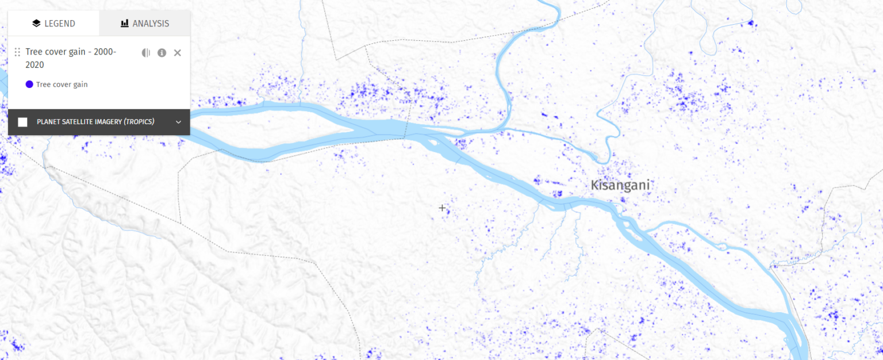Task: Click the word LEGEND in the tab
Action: click(60, 24)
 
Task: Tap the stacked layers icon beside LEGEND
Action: click(36, 24)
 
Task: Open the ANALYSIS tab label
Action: click(151, 24)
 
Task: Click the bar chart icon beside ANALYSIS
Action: click(124, 24)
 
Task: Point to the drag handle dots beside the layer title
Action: click(17, 52)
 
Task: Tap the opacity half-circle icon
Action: click(146, 53)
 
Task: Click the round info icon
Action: click(162, 53)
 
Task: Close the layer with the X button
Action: click(177, 53)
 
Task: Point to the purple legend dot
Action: click(29, 85)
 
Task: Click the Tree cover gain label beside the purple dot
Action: click(62, 85)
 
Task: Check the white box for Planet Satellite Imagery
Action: click(22, 122)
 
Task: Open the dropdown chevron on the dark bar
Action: click(178, 122)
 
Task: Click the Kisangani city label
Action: click(620, 185)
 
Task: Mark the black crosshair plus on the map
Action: click(442, 208)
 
